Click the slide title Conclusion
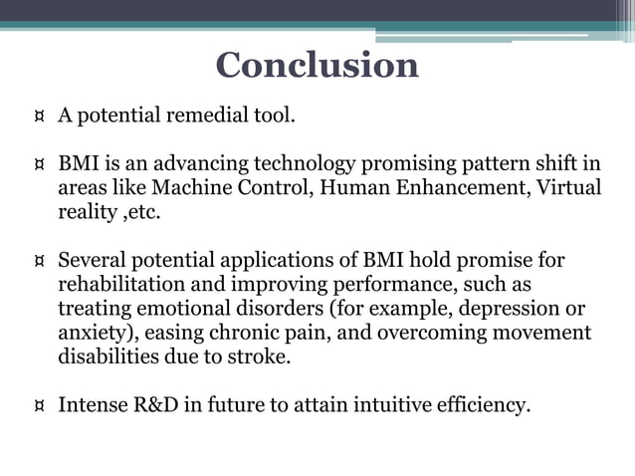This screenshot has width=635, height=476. point(317,66)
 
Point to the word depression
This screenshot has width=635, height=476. point(511,309)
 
